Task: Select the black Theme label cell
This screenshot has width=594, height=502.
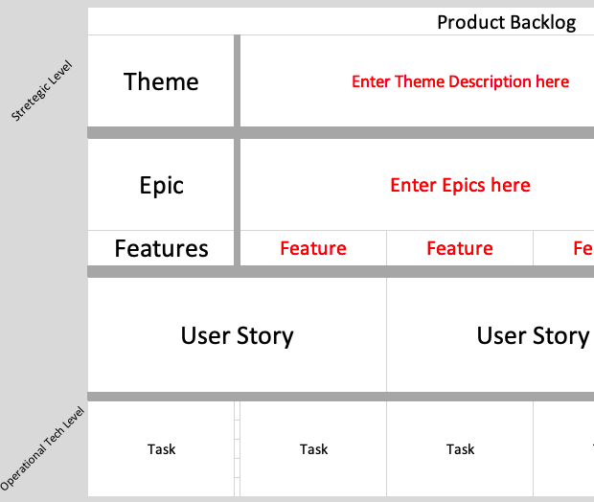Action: [161, 81]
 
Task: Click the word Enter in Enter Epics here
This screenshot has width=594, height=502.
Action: [413, 185]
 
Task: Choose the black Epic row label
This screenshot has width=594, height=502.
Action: [161, 185]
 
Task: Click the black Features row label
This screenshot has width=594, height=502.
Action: [161, 249]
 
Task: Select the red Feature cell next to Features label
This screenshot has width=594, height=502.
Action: [313, 249]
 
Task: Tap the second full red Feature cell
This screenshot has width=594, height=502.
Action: [460, 249]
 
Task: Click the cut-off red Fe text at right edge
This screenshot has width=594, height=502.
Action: [583, 249]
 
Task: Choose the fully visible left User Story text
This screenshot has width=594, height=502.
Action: [237, 335]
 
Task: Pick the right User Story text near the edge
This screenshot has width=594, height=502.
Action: [533, 335]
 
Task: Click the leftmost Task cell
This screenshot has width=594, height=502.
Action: [161, 448]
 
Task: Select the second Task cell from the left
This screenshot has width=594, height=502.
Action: [313, 448]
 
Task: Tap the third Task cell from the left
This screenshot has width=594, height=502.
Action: [460, 448]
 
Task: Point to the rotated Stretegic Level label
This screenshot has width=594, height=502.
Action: [42, 92]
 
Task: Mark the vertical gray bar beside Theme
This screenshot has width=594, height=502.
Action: [237, 81]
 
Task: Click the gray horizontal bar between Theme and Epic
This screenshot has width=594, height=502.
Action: [340, 132]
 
